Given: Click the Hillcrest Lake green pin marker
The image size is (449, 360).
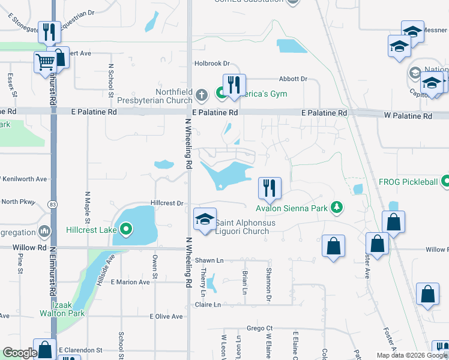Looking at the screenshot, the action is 126,229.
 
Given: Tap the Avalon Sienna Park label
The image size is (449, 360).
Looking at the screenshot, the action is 292,209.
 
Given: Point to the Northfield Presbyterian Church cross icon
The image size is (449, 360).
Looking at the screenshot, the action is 202,94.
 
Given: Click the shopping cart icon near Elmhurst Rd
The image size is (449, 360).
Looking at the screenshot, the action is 46,62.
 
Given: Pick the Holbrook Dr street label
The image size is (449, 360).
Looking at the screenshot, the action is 212,63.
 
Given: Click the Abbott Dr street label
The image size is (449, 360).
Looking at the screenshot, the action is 293,79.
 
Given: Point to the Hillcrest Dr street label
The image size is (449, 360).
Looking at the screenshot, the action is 167,203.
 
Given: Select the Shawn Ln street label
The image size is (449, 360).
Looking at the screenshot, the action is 209,260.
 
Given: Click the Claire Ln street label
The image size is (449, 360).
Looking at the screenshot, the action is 208,305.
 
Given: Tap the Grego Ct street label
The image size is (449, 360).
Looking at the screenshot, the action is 260,328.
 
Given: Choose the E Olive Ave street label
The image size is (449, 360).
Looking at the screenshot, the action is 166,316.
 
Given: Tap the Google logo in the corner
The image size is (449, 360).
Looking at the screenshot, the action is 19,353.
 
